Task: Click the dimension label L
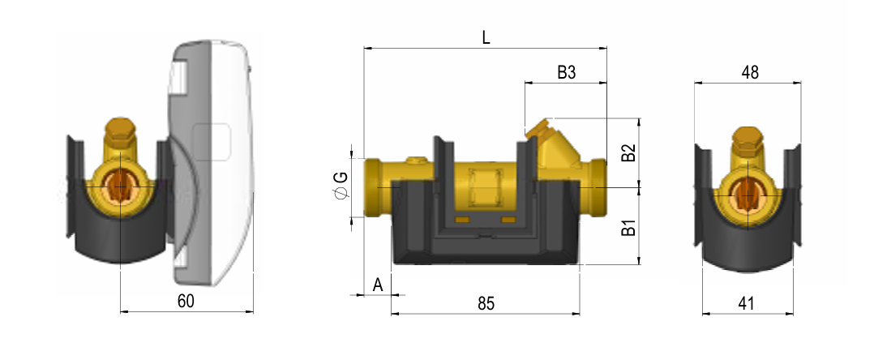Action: [486, 38]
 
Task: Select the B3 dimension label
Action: [566, 72]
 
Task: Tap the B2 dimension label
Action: [629, 152]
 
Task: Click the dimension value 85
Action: [486, 303]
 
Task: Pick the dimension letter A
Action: [378, 285]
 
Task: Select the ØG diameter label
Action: [341, 185]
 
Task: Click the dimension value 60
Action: [186, 301]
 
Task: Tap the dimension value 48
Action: [750, 72]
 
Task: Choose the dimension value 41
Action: [746, 303]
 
